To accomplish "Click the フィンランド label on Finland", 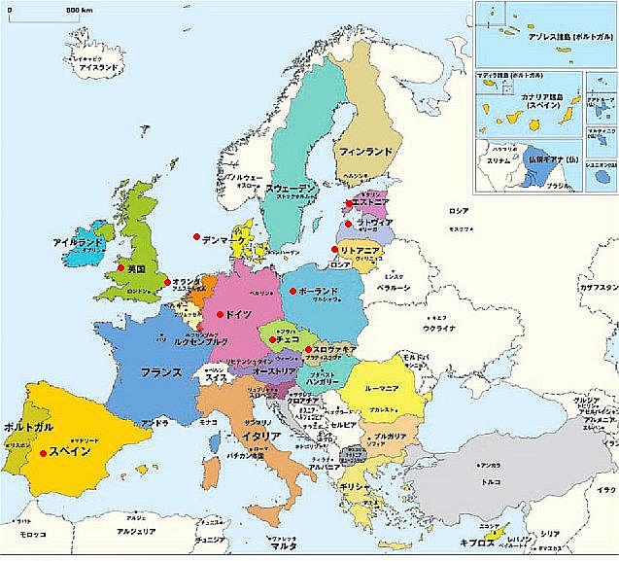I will coord(364,152).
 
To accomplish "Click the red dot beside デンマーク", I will coord(196,237).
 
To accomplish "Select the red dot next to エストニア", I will coord(348,204).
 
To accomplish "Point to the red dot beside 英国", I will coord(120,267).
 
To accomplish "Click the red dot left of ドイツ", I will coord(221,313).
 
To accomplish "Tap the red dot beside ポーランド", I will coord(292,290).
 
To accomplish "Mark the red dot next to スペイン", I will coord(42,452).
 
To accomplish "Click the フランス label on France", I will coord(161,372).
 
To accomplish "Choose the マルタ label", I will coord(282,546).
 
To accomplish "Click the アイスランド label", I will coord(99,68).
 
